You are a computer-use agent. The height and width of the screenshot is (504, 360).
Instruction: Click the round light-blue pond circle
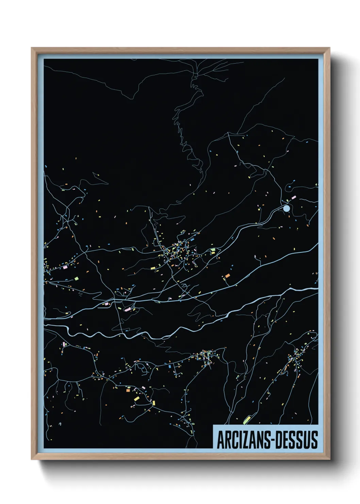[287, 208]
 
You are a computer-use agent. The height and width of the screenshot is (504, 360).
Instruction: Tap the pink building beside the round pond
[294, 198]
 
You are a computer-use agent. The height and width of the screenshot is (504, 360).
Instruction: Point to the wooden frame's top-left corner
[32, 48]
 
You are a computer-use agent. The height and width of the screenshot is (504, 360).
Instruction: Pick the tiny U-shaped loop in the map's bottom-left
[60, 424]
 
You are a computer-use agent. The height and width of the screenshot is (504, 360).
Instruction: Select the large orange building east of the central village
[227, 275]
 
